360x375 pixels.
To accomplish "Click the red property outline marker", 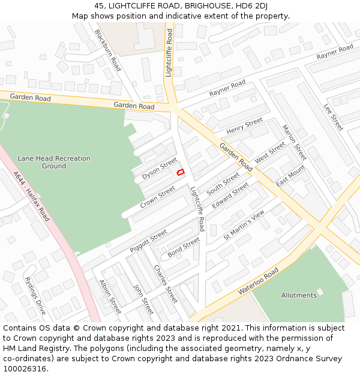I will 180,173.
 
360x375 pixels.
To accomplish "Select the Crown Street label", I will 157,197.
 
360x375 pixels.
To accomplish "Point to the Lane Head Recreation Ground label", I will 54,162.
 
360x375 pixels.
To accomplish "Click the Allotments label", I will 299,295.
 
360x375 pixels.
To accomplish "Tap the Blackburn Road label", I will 108,50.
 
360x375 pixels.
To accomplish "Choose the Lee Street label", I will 333,118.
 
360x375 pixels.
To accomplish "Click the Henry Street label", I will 245,126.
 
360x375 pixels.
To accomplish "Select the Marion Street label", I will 294,143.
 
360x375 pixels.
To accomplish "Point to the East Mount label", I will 290,176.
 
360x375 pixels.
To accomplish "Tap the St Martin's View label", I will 244,225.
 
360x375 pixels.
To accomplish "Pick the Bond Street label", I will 184,247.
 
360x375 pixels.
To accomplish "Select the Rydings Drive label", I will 35,296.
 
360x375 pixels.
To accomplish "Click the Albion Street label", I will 110,297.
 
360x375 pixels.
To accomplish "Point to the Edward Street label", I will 230,196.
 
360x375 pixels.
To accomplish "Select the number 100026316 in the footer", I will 25,368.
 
